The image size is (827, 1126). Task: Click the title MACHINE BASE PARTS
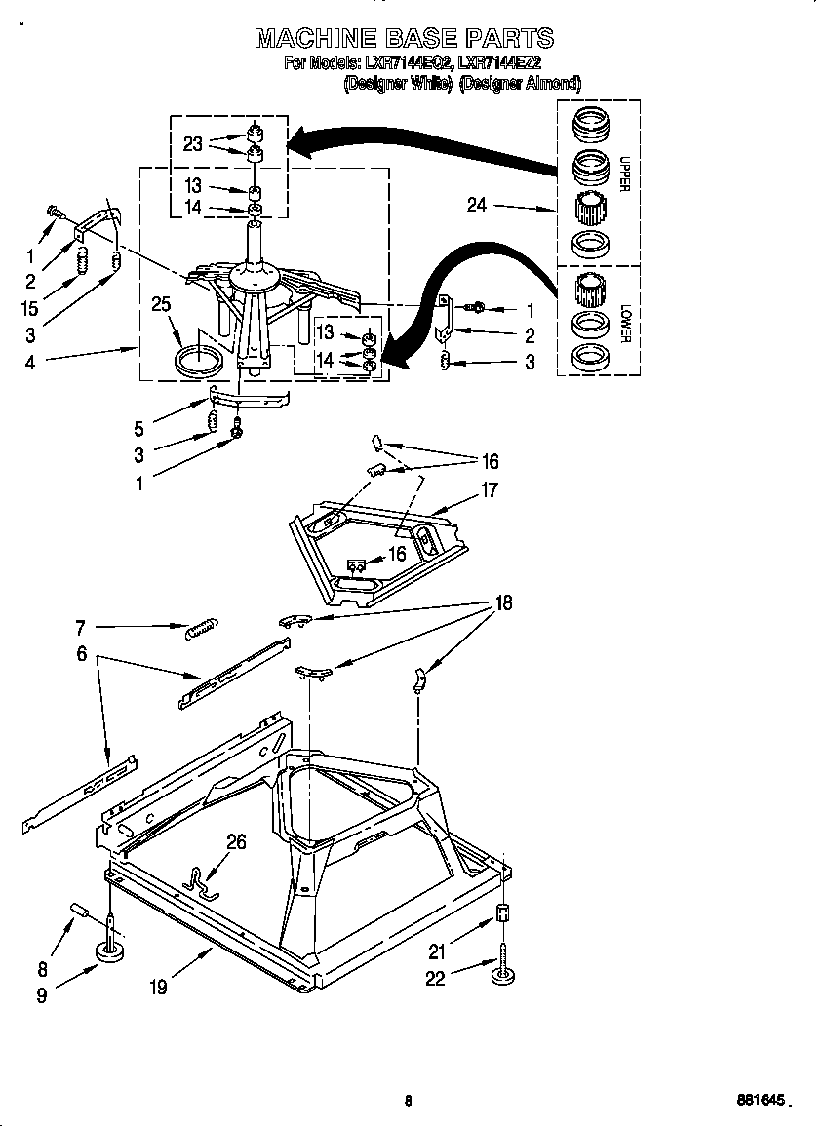point(404,39)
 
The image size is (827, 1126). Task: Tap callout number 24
point(476,206)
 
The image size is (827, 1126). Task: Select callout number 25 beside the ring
point(161,305)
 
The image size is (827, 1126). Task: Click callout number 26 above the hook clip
point(236,842)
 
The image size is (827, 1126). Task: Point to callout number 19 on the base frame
point(158,987)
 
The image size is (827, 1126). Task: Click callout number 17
point(490,490)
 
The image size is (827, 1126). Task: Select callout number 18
point(503,602)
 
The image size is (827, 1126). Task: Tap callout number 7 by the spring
point(81,627)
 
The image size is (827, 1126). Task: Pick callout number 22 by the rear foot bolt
point(435,978)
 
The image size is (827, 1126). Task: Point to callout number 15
point(30,308)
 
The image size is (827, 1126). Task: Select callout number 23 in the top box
point(193,143)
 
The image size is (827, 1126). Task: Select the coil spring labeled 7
point(202,629)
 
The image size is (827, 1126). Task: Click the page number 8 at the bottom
point(408,1101)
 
